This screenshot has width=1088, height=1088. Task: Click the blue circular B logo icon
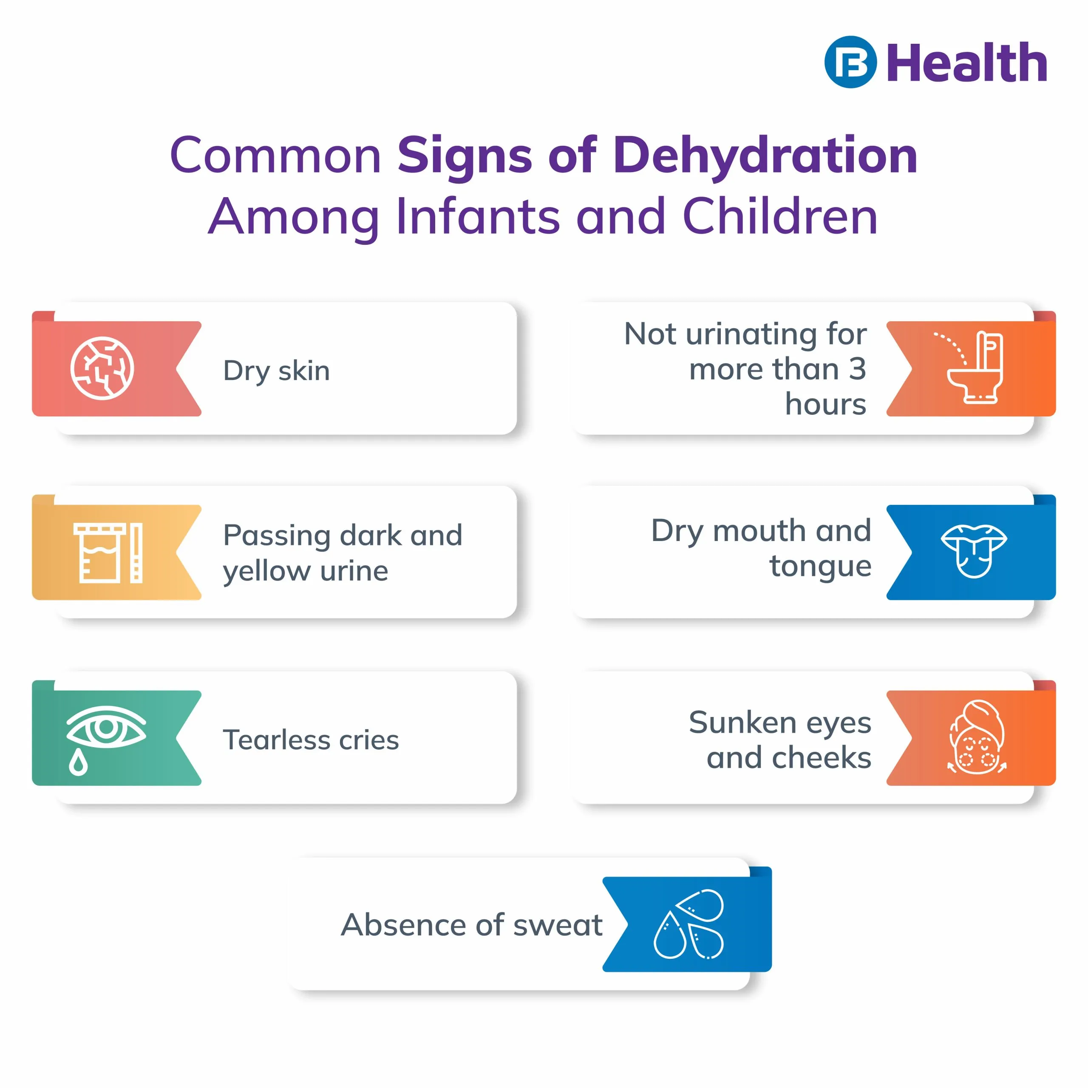[x=850, y=62]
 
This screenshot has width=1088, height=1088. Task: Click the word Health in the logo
[x=967, y=62]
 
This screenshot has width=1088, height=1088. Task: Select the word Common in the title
[x=275, y=156]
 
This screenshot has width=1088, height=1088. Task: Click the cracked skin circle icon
[x=102, y=368]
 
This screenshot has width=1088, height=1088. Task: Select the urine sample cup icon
[x=108, y=552]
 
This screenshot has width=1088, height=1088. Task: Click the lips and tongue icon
[x=974, y=551]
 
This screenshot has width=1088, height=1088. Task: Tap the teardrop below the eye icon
[x=78, y=762]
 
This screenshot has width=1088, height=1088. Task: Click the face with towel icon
[x=977, y=737]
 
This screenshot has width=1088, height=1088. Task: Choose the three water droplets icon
[x=689, y=924]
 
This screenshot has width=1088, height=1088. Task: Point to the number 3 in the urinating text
[x=857, y=369]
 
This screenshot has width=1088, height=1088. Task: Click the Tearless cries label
[x=311, y=739]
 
